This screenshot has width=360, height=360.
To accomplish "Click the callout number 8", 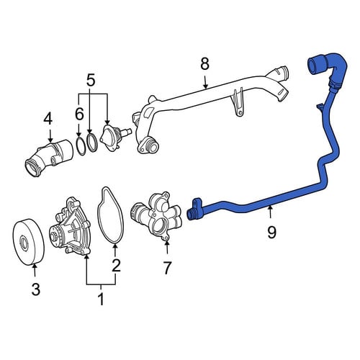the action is [204, 64].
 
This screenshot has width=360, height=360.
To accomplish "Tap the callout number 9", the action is [271, 233].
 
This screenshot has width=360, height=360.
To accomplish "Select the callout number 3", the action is [36, 289].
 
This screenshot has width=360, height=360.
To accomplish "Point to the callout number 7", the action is [167, 268].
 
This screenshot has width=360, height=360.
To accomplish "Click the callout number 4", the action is [48, 119].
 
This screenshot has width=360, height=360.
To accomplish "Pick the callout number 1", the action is [102, 300].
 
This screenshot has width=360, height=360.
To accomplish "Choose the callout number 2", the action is [116, 265].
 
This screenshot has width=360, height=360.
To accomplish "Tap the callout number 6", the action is [79, 114].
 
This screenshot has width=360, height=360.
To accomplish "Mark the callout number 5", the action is [91, 81].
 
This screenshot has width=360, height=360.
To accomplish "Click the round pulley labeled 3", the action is [28, 242].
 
